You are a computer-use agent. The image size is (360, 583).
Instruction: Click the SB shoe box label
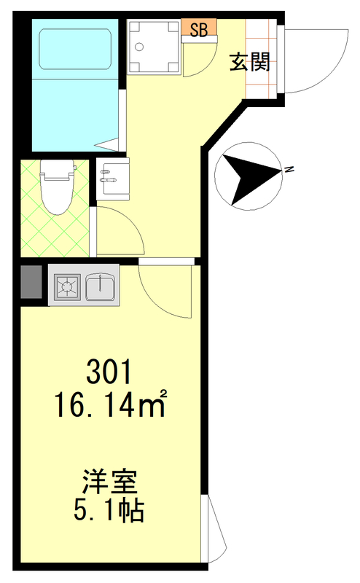tap(199, 29)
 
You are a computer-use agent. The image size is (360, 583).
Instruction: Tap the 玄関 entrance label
tap(249, 62)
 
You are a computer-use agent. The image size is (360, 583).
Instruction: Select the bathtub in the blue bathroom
tap(75, 49)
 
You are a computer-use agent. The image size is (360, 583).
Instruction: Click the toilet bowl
tap(57, 187)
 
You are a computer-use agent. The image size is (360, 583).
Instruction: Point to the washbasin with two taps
tap(113, 179)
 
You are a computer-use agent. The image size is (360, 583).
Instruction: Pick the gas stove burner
tap(67, 286)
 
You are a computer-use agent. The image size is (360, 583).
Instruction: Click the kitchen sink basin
tap(101, 286)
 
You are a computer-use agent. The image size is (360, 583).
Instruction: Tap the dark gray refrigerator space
tap(31, 282)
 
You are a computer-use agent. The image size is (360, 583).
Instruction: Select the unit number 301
tap(109, 371)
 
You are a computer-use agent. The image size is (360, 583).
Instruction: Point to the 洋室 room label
tap(110, 482)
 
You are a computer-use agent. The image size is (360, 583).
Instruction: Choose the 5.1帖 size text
tap(109, 511)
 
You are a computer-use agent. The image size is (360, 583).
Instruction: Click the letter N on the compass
tap(288, 170)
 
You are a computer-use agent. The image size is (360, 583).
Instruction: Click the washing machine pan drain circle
tap(139, 47)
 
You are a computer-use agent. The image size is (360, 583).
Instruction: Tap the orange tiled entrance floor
tap(261, 59)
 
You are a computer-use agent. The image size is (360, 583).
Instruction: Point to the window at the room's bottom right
tap(213, 528)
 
